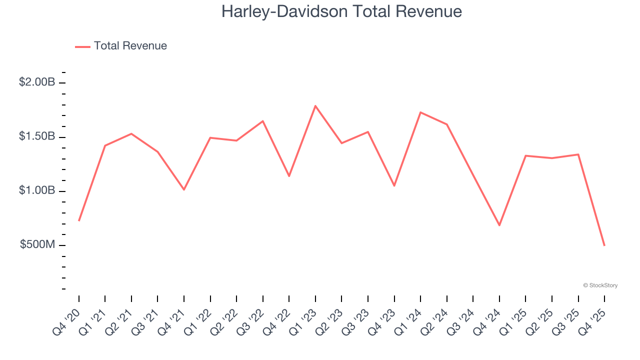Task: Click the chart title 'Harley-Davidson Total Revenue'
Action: (x=341, y=11)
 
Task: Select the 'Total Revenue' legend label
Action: (x=130, y=46)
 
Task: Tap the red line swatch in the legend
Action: (x=82, y=46)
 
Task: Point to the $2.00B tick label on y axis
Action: (x=37, y=82)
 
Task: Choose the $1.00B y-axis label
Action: (x=37, y=191)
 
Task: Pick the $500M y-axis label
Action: (x=37, y=245)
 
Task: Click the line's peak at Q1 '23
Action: (x=315, y=106)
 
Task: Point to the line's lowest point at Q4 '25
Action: (x=604, y=245)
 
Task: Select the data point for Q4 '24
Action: (x=499, y=225)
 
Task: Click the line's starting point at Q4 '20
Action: (x=79, y=220)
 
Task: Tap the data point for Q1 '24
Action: (x=420, y=112)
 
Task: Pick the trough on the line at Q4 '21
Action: (x=184, y=189)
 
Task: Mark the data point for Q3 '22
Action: (x=263, y=121)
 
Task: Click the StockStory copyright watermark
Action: (x=600, y=285)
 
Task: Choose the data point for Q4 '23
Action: (x=394, y=185)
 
